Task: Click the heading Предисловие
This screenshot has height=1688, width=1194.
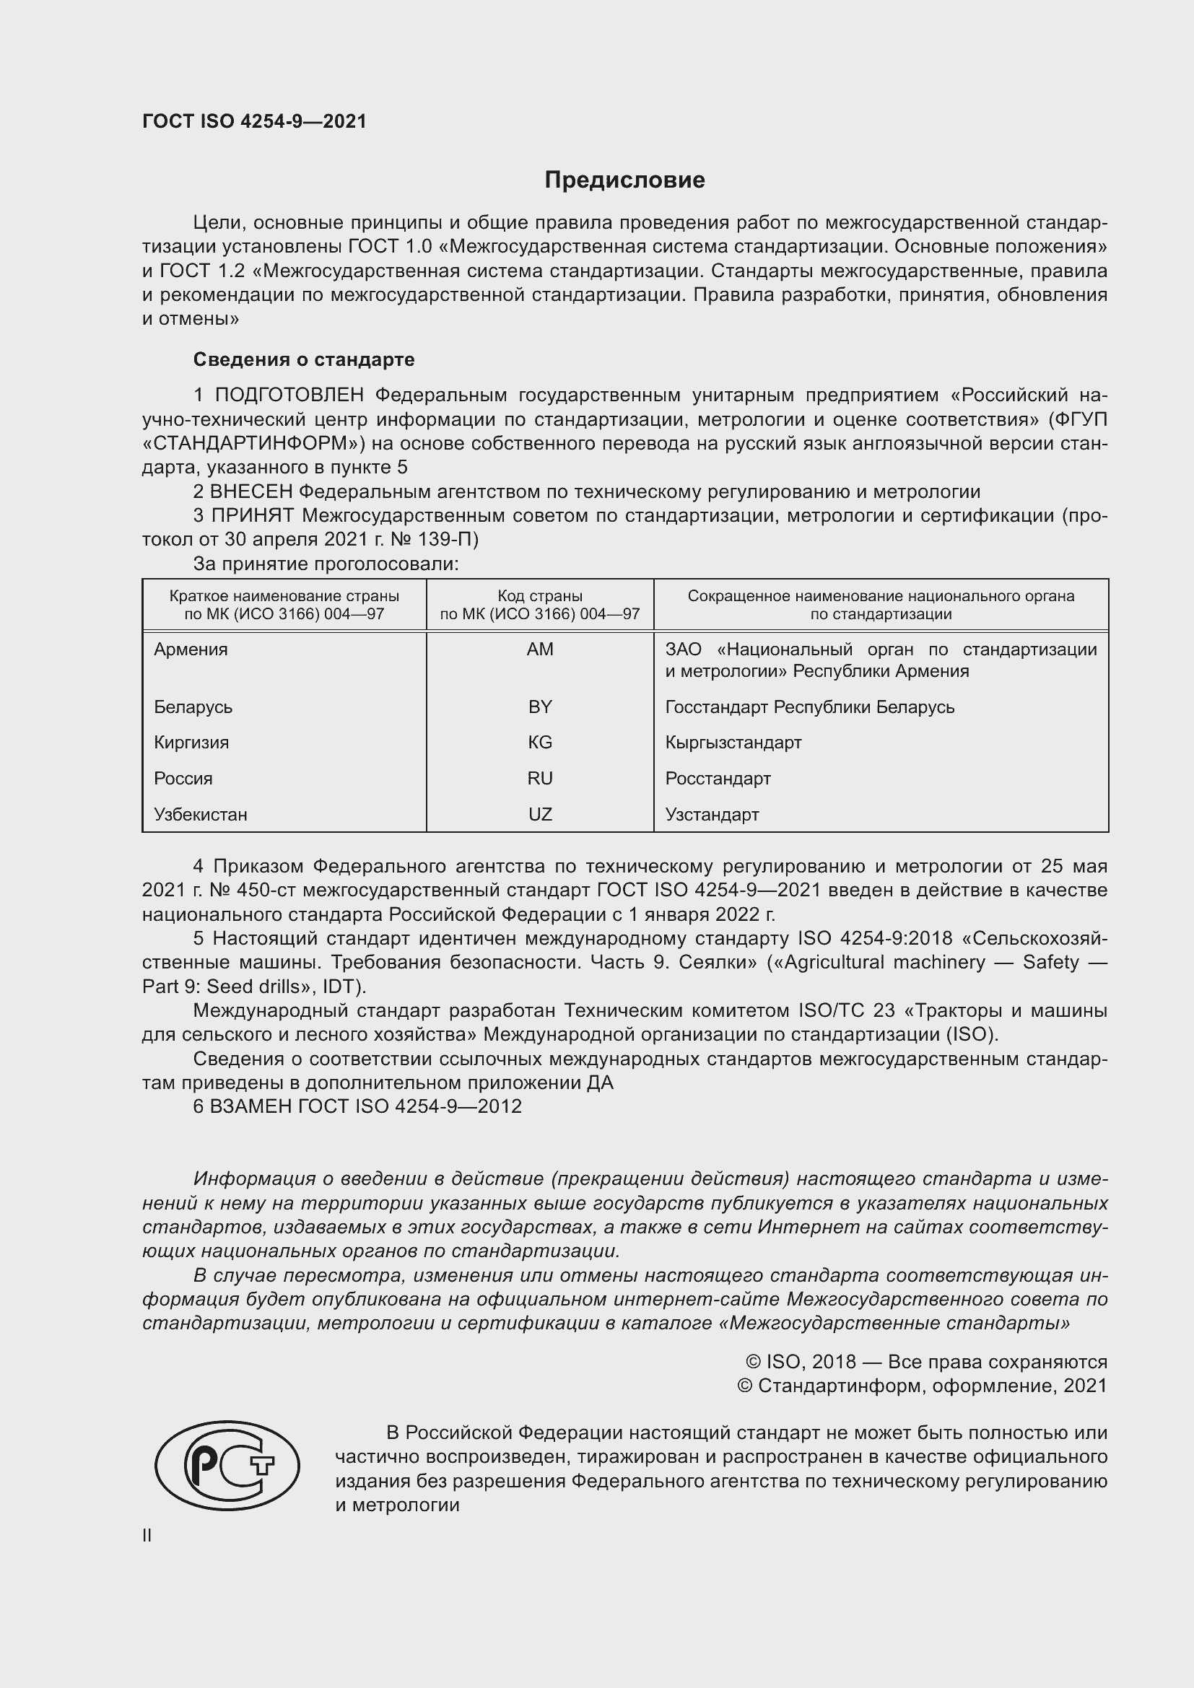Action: (624, 180)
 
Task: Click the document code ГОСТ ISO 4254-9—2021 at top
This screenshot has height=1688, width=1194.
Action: (254, 121)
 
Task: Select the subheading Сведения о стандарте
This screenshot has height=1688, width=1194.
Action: (304, 359)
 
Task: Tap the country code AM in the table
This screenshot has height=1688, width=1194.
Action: (540, 650)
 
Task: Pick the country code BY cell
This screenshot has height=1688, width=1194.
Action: (540, 707)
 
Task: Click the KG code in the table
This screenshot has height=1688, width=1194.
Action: (540, 742)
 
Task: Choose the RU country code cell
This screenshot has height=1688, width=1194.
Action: (540, 778)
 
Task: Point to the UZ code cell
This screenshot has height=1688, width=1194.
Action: (540, 814)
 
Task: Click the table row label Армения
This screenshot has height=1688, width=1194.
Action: (191, 650)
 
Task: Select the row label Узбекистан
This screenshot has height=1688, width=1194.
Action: (201, 814)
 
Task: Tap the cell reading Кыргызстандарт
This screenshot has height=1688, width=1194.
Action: (733, 742)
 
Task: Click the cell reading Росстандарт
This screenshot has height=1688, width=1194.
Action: (718, 778)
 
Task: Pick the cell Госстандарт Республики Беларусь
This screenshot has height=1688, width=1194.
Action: (809, 707)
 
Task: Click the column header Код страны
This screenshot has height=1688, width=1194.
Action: (540, 596)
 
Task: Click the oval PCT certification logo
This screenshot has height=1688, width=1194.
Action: (227, 1465)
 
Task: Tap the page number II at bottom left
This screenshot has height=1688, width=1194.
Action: (147, 1535)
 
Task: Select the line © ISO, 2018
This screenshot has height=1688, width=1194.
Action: (925, 1362)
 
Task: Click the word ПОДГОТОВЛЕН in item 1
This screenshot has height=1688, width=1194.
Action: (289, 395)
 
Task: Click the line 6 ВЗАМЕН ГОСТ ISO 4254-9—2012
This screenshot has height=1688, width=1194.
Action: (357, 1106)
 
